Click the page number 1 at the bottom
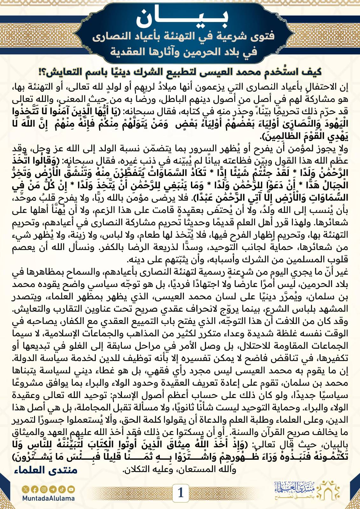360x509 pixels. point(180,492)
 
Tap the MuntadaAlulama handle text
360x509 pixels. point(48,498)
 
